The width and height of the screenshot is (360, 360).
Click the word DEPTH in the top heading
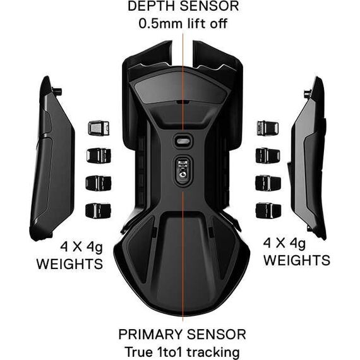152,6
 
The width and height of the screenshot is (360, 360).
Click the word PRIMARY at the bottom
150,334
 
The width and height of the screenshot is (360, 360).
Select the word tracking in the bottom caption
213,352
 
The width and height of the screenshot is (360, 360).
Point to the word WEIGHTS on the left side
69,264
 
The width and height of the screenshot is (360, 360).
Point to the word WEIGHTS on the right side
297,260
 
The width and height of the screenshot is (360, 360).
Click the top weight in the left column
99,128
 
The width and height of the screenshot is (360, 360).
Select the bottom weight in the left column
99,210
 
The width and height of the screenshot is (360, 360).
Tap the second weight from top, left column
99,155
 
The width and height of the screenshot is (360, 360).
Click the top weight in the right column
268,128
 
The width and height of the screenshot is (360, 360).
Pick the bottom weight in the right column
268,210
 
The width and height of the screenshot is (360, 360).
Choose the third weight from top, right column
268,183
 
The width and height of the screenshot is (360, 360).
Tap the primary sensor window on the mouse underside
183,170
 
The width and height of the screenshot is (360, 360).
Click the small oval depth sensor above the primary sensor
183,141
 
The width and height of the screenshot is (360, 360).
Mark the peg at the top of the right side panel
308,93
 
